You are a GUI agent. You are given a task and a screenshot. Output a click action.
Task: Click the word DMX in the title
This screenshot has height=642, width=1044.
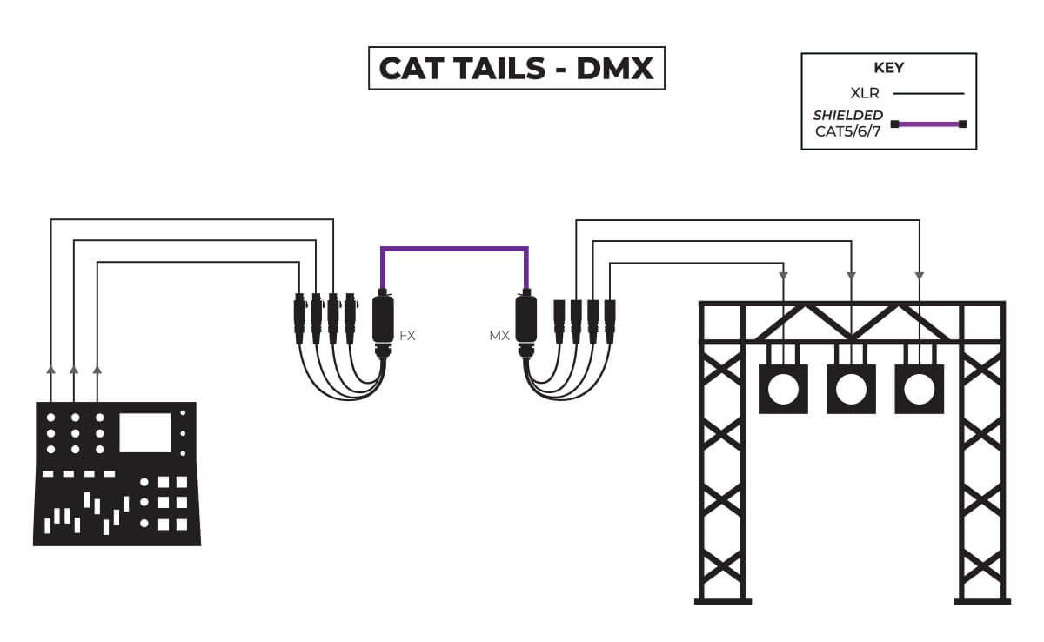(x=614, y=69)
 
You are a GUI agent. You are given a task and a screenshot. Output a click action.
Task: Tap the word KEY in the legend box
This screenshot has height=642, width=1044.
(x=888, y=67)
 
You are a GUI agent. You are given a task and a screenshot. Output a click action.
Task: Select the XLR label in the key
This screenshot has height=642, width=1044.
(x=865, y=92)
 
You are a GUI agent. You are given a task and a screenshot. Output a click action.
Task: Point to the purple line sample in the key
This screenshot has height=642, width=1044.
(x=928, y=124)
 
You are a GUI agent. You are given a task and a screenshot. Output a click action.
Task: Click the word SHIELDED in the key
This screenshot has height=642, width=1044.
(x=847, y=115)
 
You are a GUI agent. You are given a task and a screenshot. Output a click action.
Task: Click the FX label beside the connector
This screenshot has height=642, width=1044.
(x=407, y=335)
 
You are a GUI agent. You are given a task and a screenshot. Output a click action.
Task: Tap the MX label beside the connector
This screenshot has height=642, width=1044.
(x=499, y=335)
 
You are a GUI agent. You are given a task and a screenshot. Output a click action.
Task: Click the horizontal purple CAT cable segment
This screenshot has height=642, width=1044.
(x=454, y=249)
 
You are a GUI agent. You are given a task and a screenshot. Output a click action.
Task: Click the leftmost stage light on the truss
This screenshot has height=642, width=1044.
(x=783, y=388)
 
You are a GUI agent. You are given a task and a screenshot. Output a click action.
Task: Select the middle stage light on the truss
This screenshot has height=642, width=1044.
(x=850, y=388)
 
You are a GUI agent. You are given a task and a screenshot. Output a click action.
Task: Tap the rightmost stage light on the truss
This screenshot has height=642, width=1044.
(x=919, y=388)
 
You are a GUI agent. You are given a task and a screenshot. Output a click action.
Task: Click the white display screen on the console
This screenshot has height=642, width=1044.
(x=145, y=432)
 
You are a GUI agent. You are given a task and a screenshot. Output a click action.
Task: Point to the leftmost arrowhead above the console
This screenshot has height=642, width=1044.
(x=51, y=371)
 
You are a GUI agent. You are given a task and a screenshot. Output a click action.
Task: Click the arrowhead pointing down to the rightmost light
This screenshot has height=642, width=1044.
(x=920, y=275)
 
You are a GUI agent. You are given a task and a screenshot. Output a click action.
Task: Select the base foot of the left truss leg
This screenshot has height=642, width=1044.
(x=722, y=599)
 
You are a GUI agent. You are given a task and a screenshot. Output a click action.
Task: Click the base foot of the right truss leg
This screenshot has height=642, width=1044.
(x=982, y=599)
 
